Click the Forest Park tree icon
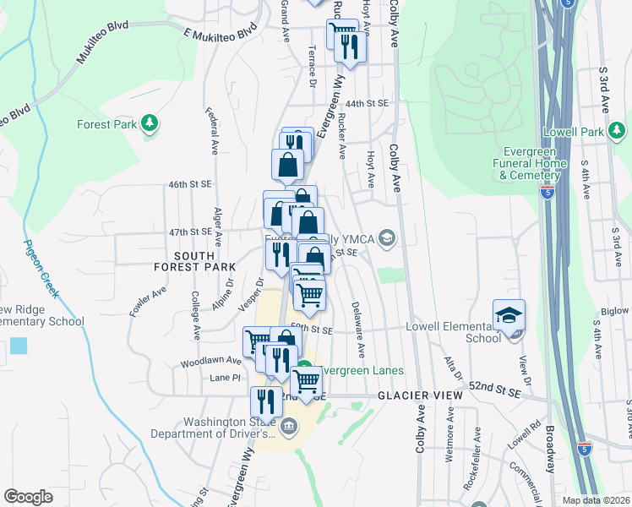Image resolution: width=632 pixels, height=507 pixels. [x=150, y=123]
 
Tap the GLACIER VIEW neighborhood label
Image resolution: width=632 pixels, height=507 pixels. [x=420, y=395]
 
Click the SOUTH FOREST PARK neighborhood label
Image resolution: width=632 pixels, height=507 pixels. [x=193, y=260]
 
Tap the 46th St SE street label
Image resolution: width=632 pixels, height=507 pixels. [x=189, y=183]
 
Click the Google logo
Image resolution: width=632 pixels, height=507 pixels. [x=28, y=497]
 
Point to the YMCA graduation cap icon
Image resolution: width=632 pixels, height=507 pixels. [x=388, y=237]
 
